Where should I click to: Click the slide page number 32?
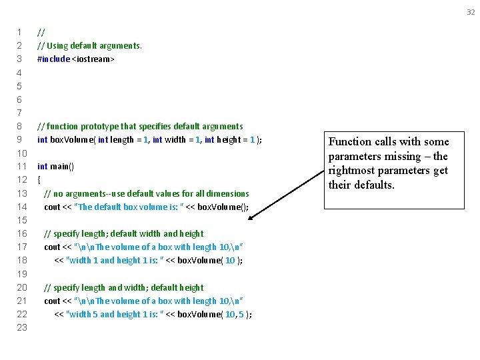click(470, 12)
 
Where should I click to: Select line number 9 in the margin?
click(20, 139)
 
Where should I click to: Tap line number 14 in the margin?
click(21, 207)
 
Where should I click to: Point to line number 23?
click(21, 327)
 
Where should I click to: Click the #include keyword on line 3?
click(53, 59)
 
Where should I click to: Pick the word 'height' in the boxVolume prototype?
click(229, 139)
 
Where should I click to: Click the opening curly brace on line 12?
click(39, 179)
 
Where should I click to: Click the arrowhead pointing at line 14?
click(257, 216)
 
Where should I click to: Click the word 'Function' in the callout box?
click(350, 141)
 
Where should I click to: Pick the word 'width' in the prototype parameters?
click(175, 139)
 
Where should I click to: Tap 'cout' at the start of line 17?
click(52, 247)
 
